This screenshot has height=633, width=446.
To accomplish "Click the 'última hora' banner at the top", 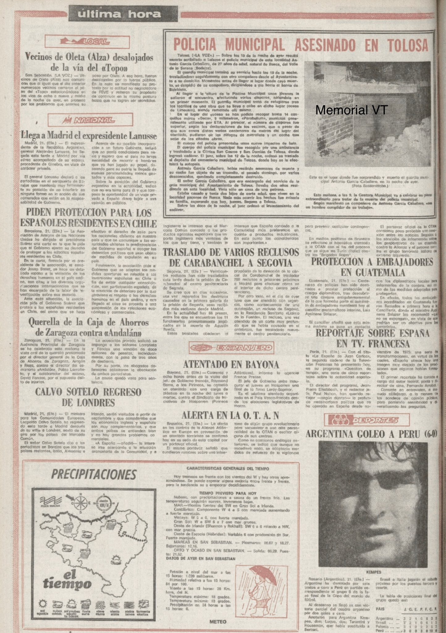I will click(x=119, y=14).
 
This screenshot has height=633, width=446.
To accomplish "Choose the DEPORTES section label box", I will click(x=367, y=420).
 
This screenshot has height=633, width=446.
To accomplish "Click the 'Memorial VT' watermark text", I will click(x=351, y=110).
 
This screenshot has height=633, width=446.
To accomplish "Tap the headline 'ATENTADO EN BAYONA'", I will click(x=231, y=364).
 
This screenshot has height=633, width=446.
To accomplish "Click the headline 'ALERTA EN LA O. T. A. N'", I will click(x=230, y=414).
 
